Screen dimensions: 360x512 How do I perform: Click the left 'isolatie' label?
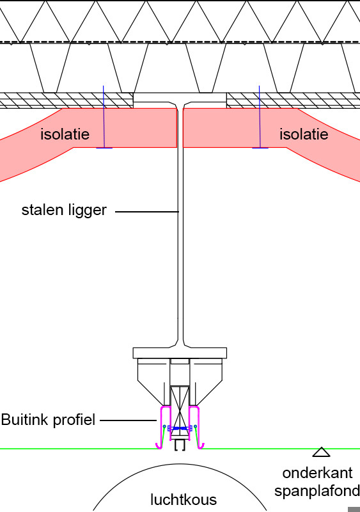pyautogui.click(x=65, y=134)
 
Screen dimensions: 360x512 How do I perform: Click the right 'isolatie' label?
pyautogui.click(x=304, y=134)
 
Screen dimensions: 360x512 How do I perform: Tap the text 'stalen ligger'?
pyautogui.click(x=64, y=211)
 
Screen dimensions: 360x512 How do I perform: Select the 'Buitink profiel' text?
pyautogui.click(x=48, y=420)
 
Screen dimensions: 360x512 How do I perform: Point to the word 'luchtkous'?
pyautogui.click(x=184, y=500)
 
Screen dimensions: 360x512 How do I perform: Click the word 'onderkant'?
pyautogui.click(x=317, y=473)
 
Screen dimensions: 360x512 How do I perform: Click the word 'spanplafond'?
pyautogui.click(x=317, y=491)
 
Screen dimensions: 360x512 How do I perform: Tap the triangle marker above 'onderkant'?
pyautogui.click(x=322, y=452)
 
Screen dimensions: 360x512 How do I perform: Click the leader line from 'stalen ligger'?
pyautogui.click(x=147, y=212)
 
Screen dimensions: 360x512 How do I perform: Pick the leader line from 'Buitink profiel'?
pyautogui.click(x=129, y=420)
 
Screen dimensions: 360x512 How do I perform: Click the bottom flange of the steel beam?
pyautogui.click(x=180, y=353)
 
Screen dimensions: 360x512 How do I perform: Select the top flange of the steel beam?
pyautogui.click(x=180, y=98)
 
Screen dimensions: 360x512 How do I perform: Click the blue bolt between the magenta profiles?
pyautogui.click(x=180, y=428)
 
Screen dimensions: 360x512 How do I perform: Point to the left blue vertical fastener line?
pyautogui.click(x=104, y=117)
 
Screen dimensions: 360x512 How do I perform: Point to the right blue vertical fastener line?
pyautogui.click(x=260, y=117)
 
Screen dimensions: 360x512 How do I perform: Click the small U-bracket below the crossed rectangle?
pyautogui.click(x=180, y=445)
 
